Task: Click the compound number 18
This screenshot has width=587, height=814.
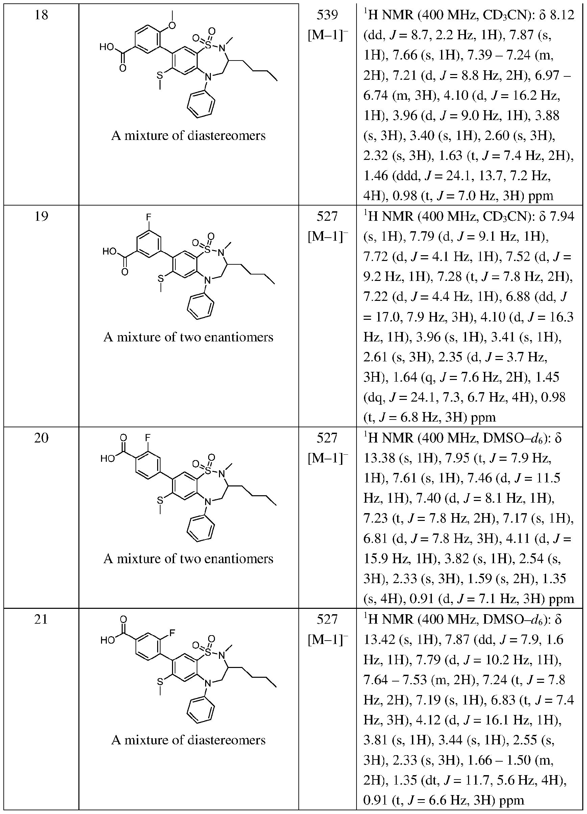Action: click(41, 16)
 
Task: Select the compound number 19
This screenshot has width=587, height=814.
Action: click(41, 216)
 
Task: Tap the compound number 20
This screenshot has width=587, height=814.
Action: click(41, 438)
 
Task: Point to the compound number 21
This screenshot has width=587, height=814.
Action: click(41, 620)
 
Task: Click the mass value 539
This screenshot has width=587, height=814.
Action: click(327, 16)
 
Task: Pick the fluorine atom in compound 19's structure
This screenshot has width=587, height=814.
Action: click(148, 217)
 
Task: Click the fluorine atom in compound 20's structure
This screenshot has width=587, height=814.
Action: click(148, 437)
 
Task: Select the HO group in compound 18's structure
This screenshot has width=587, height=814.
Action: click(106, 47)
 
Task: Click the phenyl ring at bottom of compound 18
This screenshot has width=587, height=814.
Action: click(201, 104)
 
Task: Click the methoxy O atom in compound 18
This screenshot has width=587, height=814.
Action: click(172, 25)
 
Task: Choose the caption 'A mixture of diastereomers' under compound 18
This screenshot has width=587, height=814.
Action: click(188, 136)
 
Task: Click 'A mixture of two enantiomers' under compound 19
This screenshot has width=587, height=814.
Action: click(188, 337)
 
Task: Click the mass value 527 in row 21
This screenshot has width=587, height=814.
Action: click(327, 620)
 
